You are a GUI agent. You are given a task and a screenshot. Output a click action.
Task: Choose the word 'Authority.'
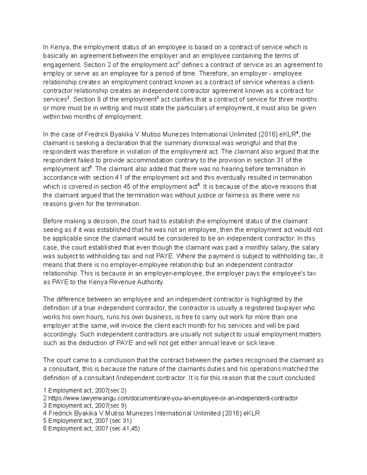click(149, 282)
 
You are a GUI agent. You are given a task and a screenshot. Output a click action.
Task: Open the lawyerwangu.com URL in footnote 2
click(173, 398)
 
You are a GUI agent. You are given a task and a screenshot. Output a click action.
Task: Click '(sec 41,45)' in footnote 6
click(124, 429)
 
